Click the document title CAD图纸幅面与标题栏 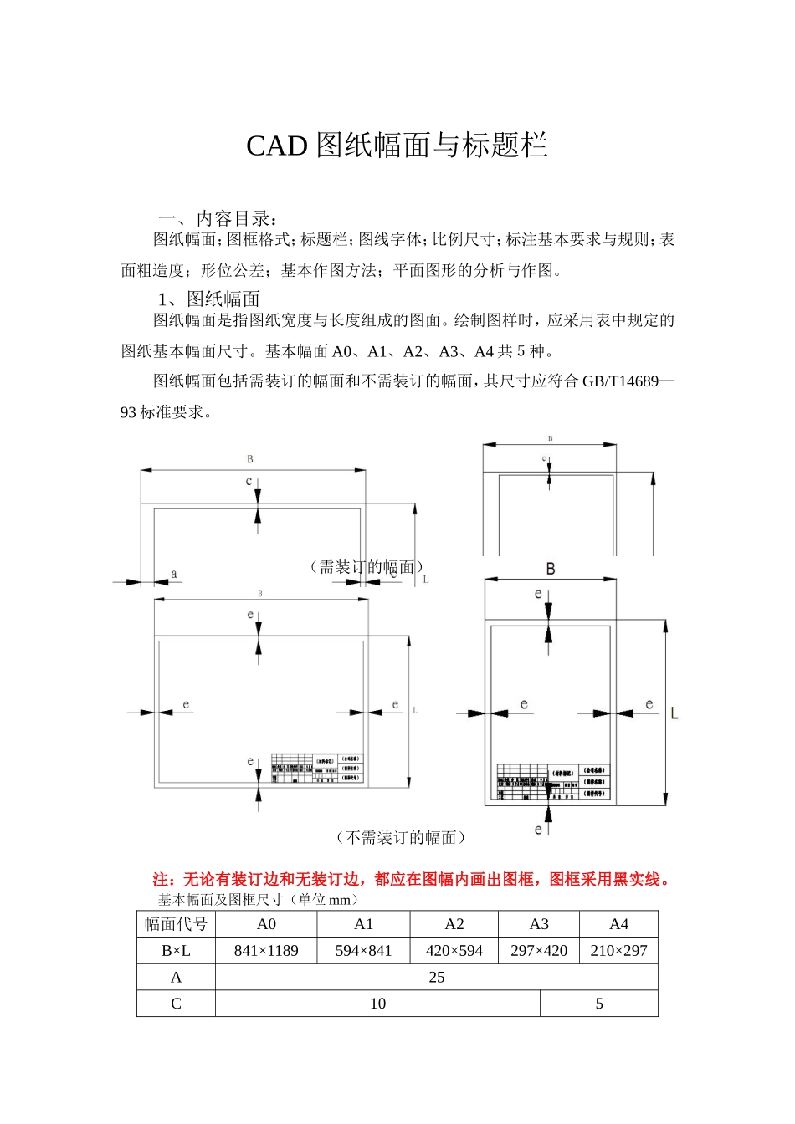tap(397, 146)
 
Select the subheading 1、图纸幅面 tap(209, 299)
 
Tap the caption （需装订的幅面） tap(367, 567)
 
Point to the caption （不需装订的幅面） tap(401, 837)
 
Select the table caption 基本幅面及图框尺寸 tap(259, 900)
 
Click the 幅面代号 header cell tap(176, 924)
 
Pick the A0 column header tap(266, 924)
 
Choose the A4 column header tap(618, 924)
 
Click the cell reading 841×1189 tap(266, 951)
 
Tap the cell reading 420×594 tap(454, 951)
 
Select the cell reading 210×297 tap(618, 951)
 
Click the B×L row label tap(176, 951)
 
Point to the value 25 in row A tap(437, 978)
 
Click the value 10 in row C tap(378, 1004)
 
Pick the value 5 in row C tap(599, 1004)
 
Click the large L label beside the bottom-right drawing tap(674, 713)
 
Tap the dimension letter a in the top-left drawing tap(174, 574)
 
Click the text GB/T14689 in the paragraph tap(620, 381)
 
